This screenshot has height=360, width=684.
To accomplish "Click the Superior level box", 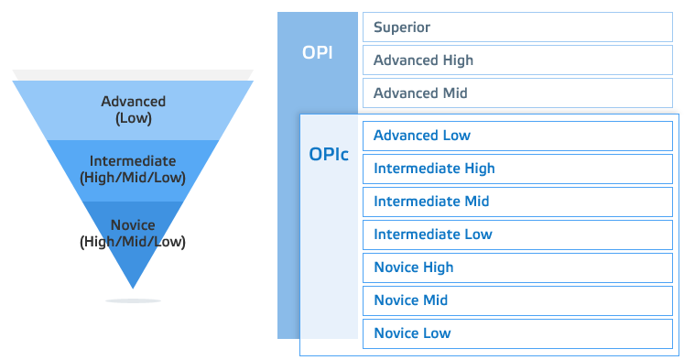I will tap(517, 27).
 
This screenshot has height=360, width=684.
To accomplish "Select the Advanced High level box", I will tap(517, 60).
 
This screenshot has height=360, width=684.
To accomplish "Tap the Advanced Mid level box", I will tap(517, 93).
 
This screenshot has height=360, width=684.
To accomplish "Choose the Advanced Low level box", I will tap(517, 136).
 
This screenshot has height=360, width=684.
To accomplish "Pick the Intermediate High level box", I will tap(517, 169).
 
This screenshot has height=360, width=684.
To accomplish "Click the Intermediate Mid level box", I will tap(517, 202).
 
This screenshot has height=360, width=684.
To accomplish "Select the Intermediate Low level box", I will tap(517, 235).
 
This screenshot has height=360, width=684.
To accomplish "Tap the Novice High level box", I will tap(517, 267).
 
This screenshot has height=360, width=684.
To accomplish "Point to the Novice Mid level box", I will tap(517, 300).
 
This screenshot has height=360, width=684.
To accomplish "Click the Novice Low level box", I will tap(517, 333).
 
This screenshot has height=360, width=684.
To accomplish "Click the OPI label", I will tap(317, 52).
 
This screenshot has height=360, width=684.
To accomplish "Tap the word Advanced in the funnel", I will tap(133, 101).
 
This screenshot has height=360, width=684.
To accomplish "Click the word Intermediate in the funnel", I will tap(133, 161).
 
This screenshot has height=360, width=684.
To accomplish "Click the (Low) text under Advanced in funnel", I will tap(133, 117).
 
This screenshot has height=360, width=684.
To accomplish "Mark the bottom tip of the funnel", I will tap(133, 285).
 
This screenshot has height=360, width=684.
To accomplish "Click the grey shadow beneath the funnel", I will tap(133, 300).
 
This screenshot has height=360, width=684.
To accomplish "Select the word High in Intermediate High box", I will tap(479, 169).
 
